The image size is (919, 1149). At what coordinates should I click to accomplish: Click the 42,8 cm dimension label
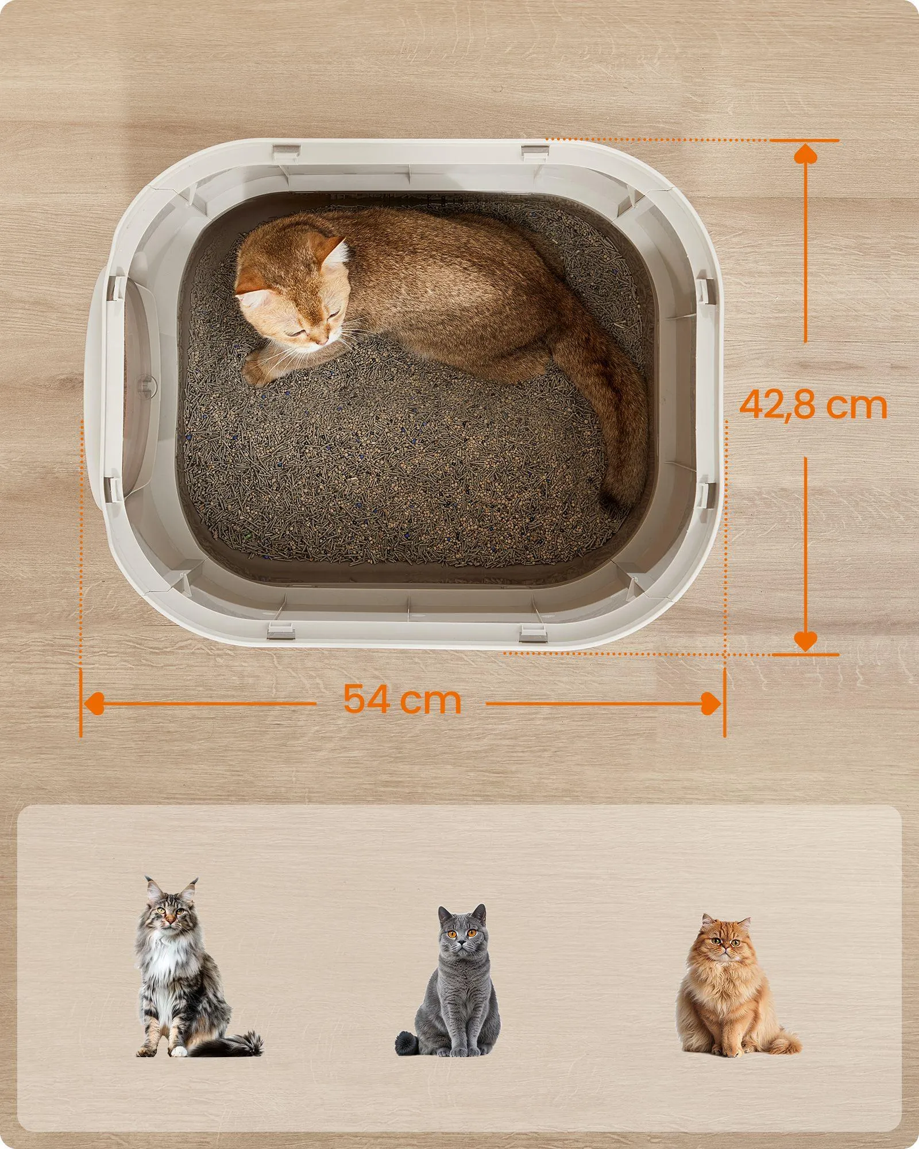[812, 405]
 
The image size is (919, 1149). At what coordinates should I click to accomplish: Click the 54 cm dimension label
[402, 700]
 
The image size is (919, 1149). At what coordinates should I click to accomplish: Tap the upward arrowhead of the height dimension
[805, 154]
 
